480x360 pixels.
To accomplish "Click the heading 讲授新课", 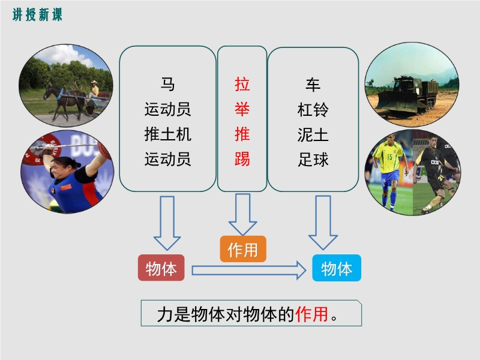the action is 37,14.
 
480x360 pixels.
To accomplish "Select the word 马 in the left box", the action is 167,84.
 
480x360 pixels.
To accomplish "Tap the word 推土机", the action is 168,134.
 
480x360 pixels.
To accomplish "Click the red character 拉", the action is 242,84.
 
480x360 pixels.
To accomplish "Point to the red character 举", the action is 242,109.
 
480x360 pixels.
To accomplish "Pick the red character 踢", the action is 242,159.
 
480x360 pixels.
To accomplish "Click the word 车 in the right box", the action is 313,85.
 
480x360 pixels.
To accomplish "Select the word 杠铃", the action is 313,110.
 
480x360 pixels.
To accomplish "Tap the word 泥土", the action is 313,134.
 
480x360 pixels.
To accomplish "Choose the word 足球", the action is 313,160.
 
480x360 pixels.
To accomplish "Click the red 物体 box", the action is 161,268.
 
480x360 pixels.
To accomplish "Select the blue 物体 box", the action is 337,268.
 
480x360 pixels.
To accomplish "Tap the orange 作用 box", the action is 243,249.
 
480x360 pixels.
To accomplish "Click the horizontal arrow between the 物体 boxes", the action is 249,271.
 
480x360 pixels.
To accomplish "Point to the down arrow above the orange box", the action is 243,214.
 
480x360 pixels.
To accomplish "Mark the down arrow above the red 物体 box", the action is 167,223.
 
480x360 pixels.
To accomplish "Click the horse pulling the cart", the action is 64,101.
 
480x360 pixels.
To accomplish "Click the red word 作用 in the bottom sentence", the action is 311,314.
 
